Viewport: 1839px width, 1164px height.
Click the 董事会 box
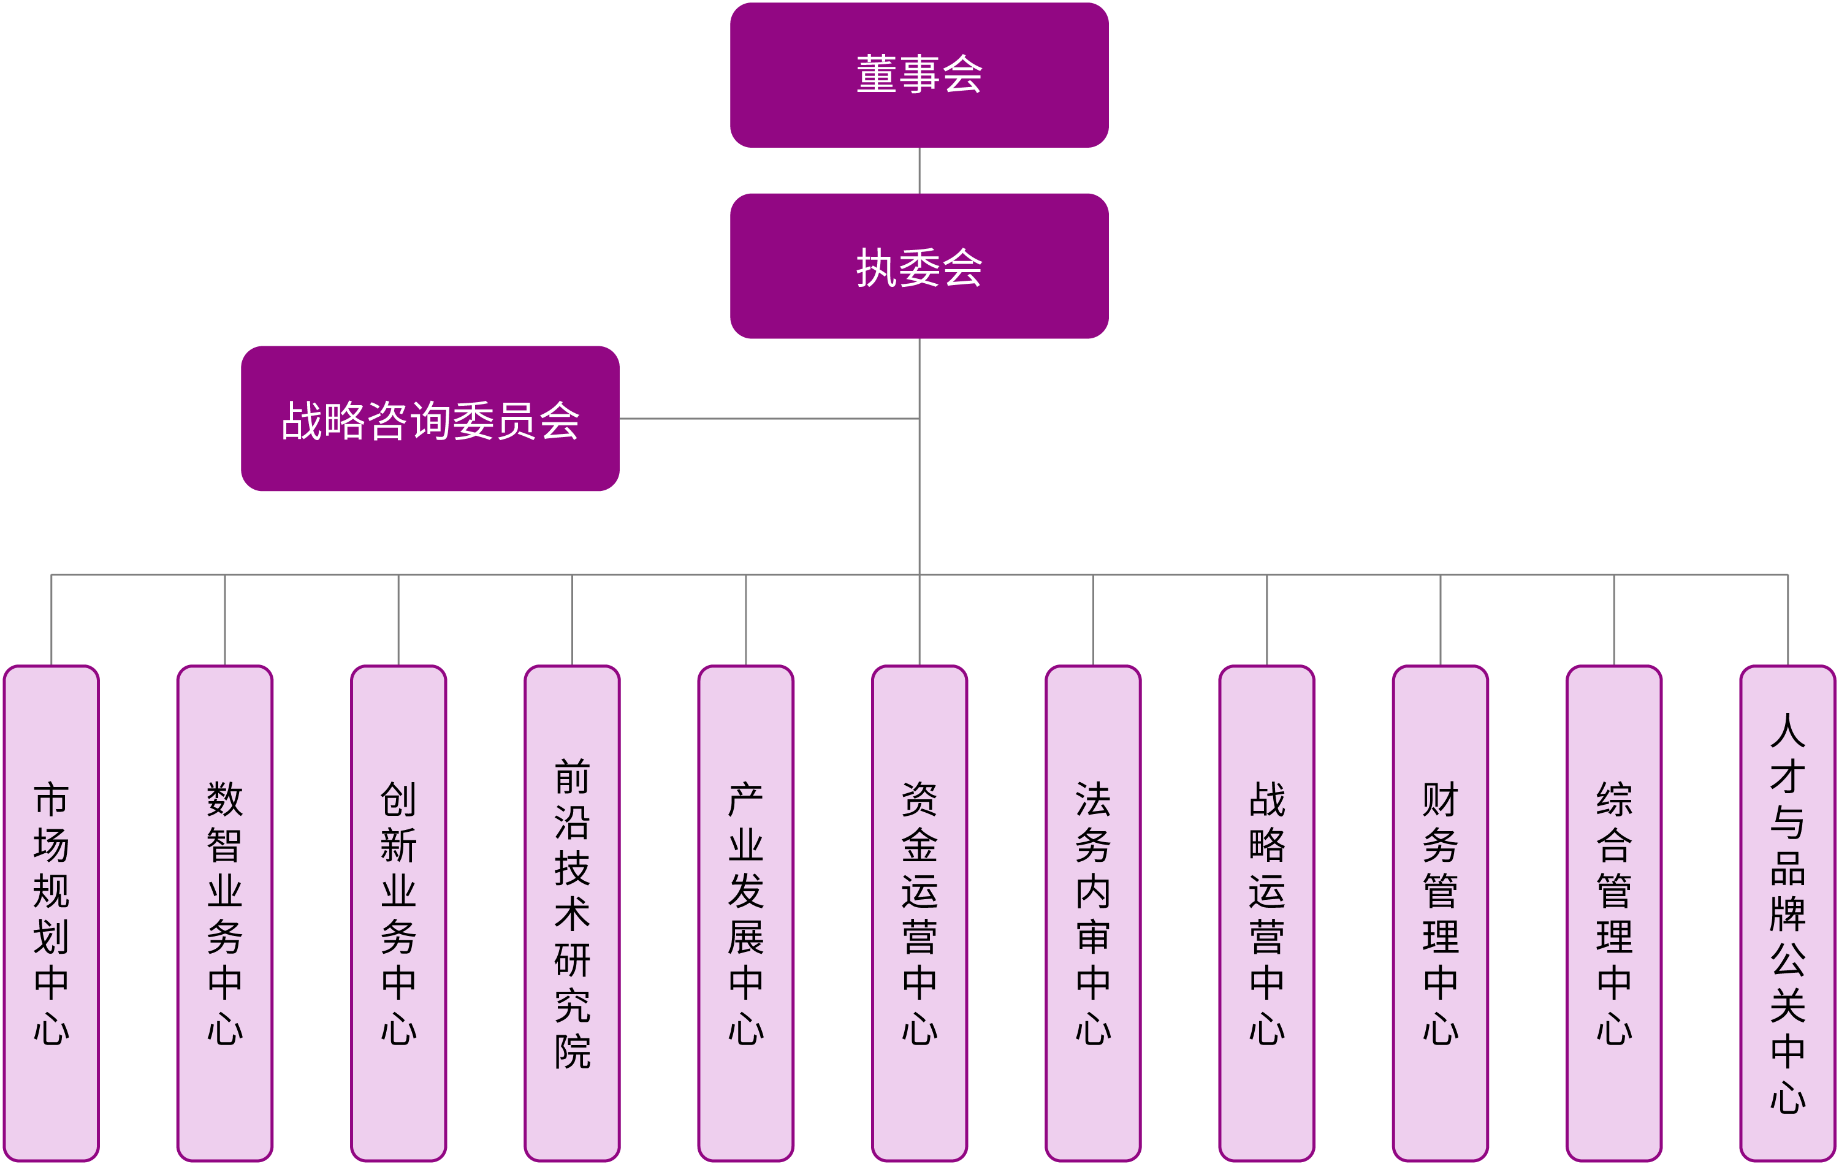click(919, 75)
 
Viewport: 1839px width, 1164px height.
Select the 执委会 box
click(919, 266)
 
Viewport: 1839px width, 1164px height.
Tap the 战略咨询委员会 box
click(430, 419)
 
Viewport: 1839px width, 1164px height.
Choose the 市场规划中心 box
click(51, 913)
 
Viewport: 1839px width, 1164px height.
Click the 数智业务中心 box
click(224, 913)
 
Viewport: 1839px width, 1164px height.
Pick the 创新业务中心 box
click(398, 913)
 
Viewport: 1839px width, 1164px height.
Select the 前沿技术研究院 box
click(572, 913)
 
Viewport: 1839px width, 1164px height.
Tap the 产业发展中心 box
click(745, 913)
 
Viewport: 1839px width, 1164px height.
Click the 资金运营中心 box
click(919, 913)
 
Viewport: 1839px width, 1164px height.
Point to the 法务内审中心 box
click(1093, 913)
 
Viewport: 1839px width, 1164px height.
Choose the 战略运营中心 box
click(1266, 913)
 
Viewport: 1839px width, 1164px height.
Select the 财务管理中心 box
click(1441, 913)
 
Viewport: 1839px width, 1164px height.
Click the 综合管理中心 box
click(1613, 913)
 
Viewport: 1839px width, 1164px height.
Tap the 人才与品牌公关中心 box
click(1787, 913)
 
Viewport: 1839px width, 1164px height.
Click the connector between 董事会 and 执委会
click(919, 170)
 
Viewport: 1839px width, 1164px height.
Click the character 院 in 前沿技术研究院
click(572, 1052)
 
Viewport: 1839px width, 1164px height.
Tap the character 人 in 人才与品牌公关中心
click(1787, 730)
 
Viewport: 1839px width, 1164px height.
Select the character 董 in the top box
click(876, 75)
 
